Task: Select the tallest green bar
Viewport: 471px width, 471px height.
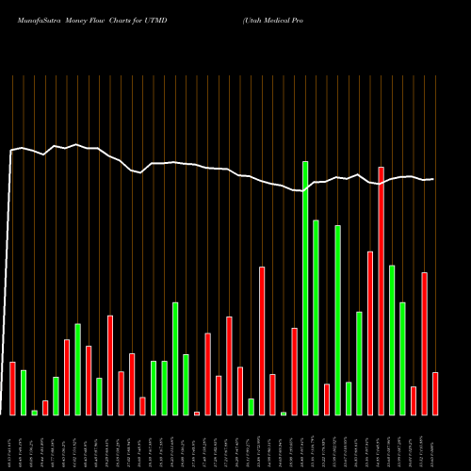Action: click(305, 287)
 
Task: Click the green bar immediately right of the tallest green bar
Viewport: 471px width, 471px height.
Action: click(316, 317)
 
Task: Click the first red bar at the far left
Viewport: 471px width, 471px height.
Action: click(12, 388)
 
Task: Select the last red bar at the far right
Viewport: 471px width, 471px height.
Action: click(435, 393)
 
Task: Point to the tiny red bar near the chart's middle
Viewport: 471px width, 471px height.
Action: click(197, 413)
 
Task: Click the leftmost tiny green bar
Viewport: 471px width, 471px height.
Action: click(34, 412)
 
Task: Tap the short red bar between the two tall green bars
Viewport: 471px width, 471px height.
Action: click(327, 398)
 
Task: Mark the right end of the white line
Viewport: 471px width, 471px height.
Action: click(433, 179)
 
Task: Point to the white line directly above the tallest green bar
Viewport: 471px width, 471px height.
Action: click(305, 190)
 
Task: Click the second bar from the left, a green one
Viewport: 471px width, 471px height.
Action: click(24, 392)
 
